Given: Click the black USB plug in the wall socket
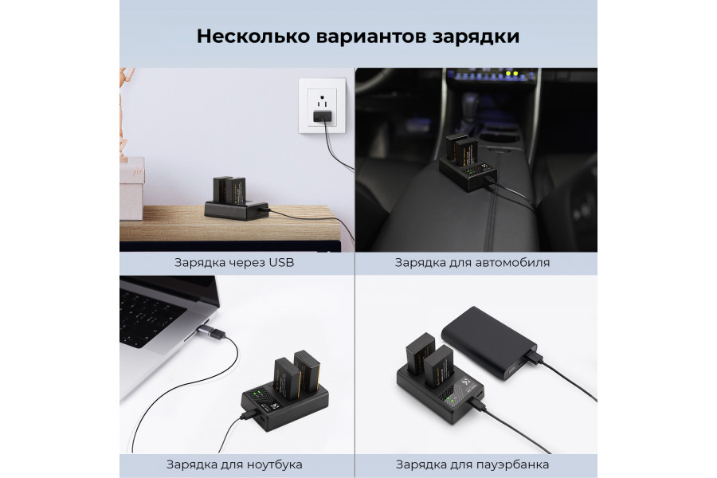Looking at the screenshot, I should (x=322, y=118).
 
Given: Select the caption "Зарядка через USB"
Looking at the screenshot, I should (x=234, y=262).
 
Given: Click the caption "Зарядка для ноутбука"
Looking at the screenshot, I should (x=234, y=464).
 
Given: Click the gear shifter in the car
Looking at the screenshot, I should (x=470, y=108).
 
